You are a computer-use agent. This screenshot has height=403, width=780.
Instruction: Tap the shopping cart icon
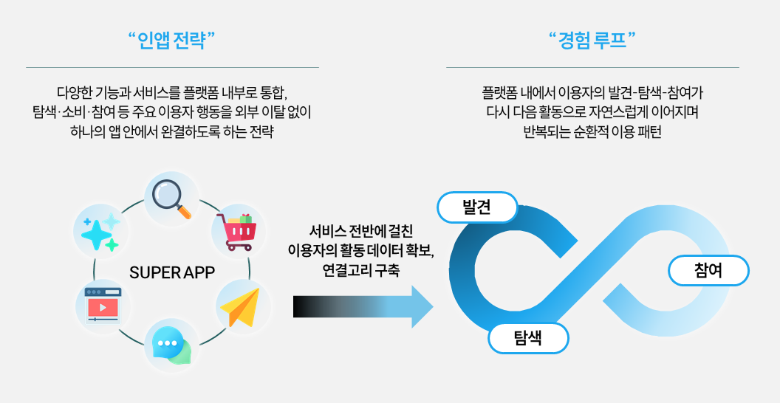click(237, 232)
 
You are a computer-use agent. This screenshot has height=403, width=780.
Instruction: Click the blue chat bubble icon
click(171, 344)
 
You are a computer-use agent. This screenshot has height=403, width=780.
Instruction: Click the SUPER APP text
click(172, 272)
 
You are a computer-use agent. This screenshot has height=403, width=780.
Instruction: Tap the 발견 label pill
click(477, 207)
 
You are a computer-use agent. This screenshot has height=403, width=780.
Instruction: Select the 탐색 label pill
click(527, 339)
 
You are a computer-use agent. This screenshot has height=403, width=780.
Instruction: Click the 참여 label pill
click(708, 271)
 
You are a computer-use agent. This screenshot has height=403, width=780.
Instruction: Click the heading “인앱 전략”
click(172, 39)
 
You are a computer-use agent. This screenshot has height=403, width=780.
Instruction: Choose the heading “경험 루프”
click(592, 39)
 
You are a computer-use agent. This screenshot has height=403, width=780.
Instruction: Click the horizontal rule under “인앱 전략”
click(172, 67)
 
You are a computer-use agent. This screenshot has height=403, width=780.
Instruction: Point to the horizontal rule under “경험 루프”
click(592, 67)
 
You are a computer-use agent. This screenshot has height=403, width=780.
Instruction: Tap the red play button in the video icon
click(103, 307)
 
